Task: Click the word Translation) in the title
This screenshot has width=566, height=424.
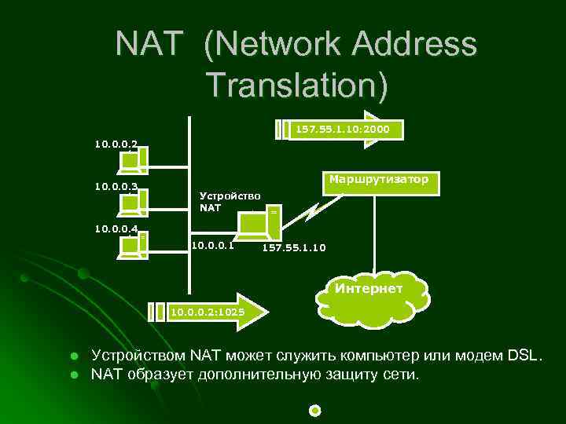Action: [x=297, y=85]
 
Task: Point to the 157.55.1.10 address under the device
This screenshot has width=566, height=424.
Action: [x=293, y=248]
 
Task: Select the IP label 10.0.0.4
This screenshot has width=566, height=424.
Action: [x=116, y=229]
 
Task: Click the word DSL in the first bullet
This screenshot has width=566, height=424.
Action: [x=523, y=356]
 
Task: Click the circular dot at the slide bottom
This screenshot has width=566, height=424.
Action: [x=315, y=410]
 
